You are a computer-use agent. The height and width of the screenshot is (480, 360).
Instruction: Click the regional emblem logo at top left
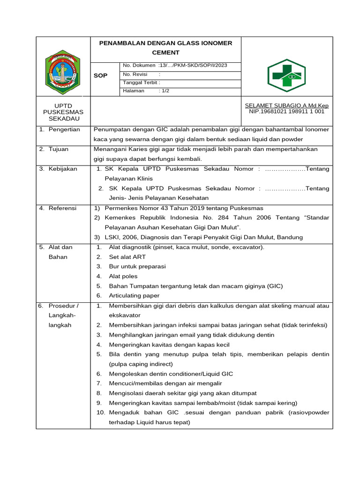[x=63, y=72]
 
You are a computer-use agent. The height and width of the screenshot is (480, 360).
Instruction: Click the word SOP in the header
[x=101, y=75]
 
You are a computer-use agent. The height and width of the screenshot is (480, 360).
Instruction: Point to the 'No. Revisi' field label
[x=135, y=74]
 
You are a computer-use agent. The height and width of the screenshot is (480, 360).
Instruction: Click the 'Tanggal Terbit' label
[x=141, y=82]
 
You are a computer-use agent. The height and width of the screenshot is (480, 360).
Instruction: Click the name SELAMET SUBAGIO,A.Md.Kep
[x=287, y=106]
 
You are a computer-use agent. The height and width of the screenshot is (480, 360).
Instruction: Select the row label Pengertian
[x=64, y=129]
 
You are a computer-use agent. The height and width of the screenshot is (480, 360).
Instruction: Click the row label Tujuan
[x=59, y=149]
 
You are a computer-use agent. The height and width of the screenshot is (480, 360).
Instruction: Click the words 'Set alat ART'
[x=127, y=257]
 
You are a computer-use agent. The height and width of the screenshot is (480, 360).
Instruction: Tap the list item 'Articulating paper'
[x=134, y=296]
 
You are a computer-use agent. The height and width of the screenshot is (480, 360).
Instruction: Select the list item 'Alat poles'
[x=123, y=276]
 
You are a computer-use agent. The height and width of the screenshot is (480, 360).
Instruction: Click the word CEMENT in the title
[x=165, y=53]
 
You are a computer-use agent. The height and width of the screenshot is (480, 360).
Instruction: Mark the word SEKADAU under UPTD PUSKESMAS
[x=63, y=119]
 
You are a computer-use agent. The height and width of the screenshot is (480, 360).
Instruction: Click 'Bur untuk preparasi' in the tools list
[x=137, y=266]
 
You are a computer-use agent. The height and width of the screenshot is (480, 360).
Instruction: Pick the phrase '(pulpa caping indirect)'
[x=141, y=364]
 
